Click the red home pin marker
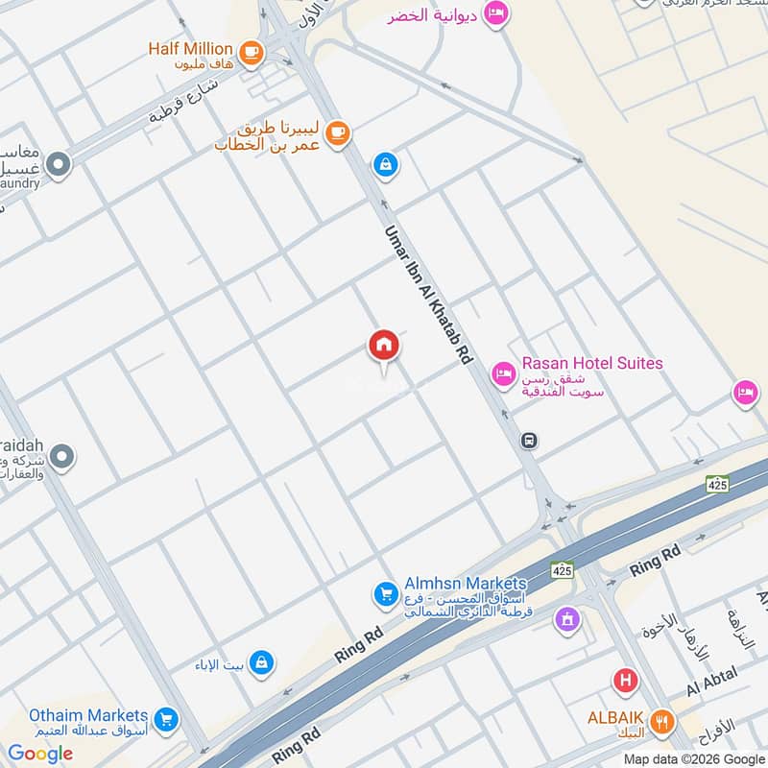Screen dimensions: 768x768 click(x=384, y=347)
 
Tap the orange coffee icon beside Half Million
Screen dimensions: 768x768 click(x=252, y=52)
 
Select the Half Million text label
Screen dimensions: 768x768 click(x=190, y=49)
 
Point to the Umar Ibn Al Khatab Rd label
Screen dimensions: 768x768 click(x=429, y=294)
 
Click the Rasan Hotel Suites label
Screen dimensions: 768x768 click(x=591, y=364)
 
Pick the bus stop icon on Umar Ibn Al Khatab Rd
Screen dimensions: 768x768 click(x=528, y=441)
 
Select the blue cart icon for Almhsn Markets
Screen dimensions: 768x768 click(x=386, y=595)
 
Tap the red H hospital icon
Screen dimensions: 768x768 click(x=626, y=682)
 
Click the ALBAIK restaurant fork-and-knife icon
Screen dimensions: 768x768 click(x=660, y=721)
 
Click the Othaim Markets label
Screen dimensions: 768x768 click(x=88, y=715)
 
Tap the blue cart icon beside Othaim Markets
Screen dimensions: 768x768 click(x=167, y=718)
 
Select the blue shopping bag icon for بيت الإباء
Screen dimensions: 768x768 click(x=261, y=662)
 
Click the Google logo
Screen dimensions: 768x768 click(x=40, y=754)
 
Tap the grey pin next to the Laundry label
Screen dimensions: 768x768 click(x=60, y=165)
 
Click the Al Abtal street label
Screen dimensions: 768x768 click(x=710, y=683)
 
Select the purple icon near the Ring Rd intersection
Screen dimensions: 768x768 click(x=567, y=619)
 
